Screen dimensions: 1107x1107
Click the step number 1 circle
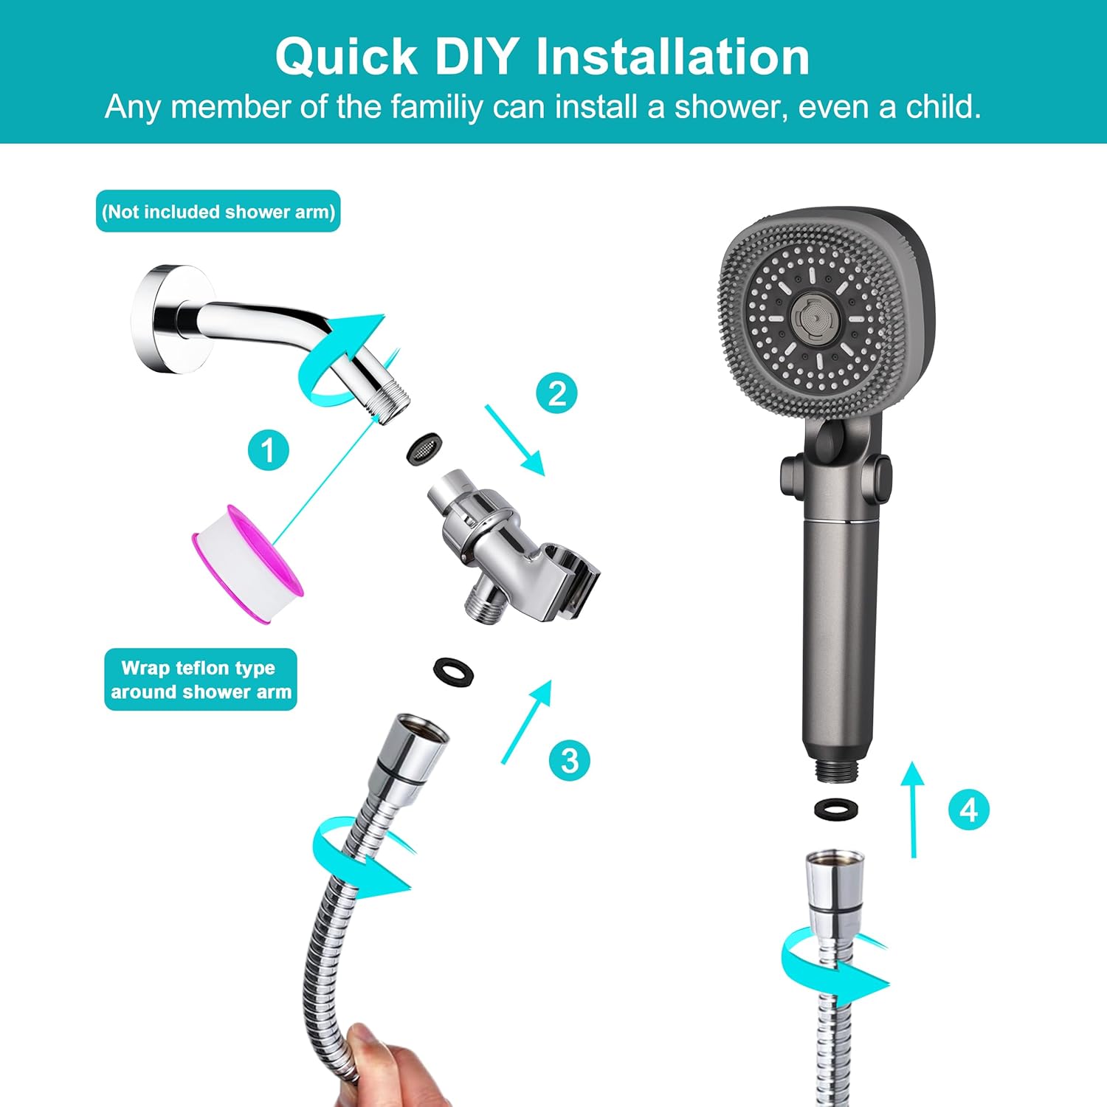pos(267,449)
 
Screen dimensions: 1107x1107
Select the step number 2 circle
pos(556,393)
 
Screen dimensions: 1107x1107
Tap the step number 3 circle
pos(570,759)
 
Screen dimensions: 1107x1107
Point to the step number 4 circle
pos(968,810)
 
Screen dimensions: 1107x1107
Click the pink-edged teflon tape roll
pos(247,563)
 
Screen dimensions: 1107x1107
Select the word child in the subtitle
pos(942,107)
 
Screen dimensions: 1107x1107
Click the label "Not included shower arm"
pos(218,212)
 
